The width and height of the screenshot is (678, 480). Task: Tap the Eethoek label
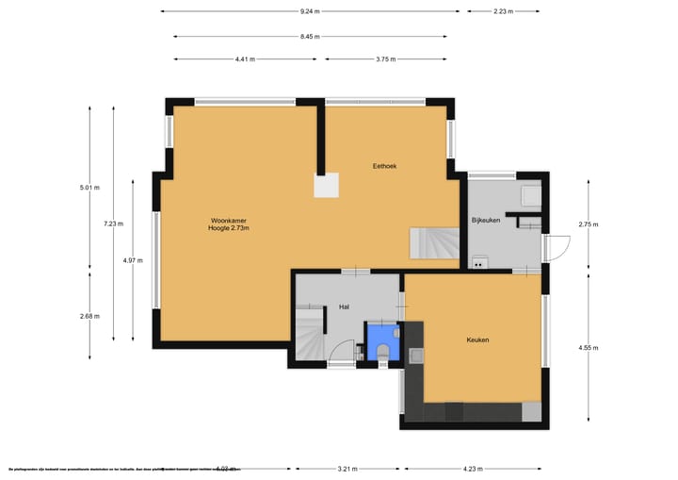[384, 166]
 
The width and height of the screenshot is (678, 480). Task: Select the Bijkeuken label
[486, 220]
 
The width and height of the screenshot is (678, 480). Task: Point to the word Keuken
[477, 339]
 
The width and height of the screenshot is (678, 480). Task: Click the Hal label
[345, 307]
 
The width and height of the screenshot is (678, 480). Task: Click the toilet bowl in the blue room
[382, 351]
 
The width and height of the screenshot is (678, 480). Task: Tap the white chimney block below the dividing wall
[327, 186]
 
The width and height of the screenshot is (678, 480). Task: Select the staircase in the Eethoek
[433, 244]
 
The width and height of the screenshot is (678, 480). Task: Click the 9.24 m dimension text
[310, 11]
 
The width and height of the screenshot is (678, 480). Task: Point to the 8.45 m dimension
[310, 37]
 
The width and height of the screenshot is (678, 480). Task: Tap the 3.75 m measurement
[385, 58]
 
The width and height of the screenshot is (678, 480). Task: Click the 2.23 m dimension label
[503, 11]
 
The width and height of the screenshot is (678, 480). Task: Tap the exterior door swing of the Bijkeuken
[557, 247]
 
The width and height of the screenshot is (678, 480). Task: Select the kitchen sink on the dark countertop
[416, 356]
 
